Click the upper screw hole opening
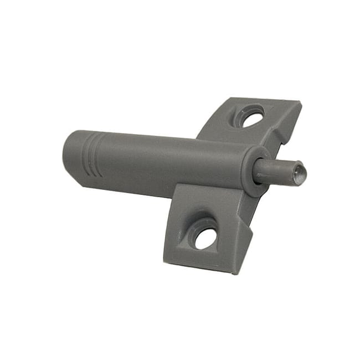[253, 117]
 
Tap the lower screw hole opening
[205, 238]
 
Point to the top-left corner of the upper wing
[228, 99]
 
